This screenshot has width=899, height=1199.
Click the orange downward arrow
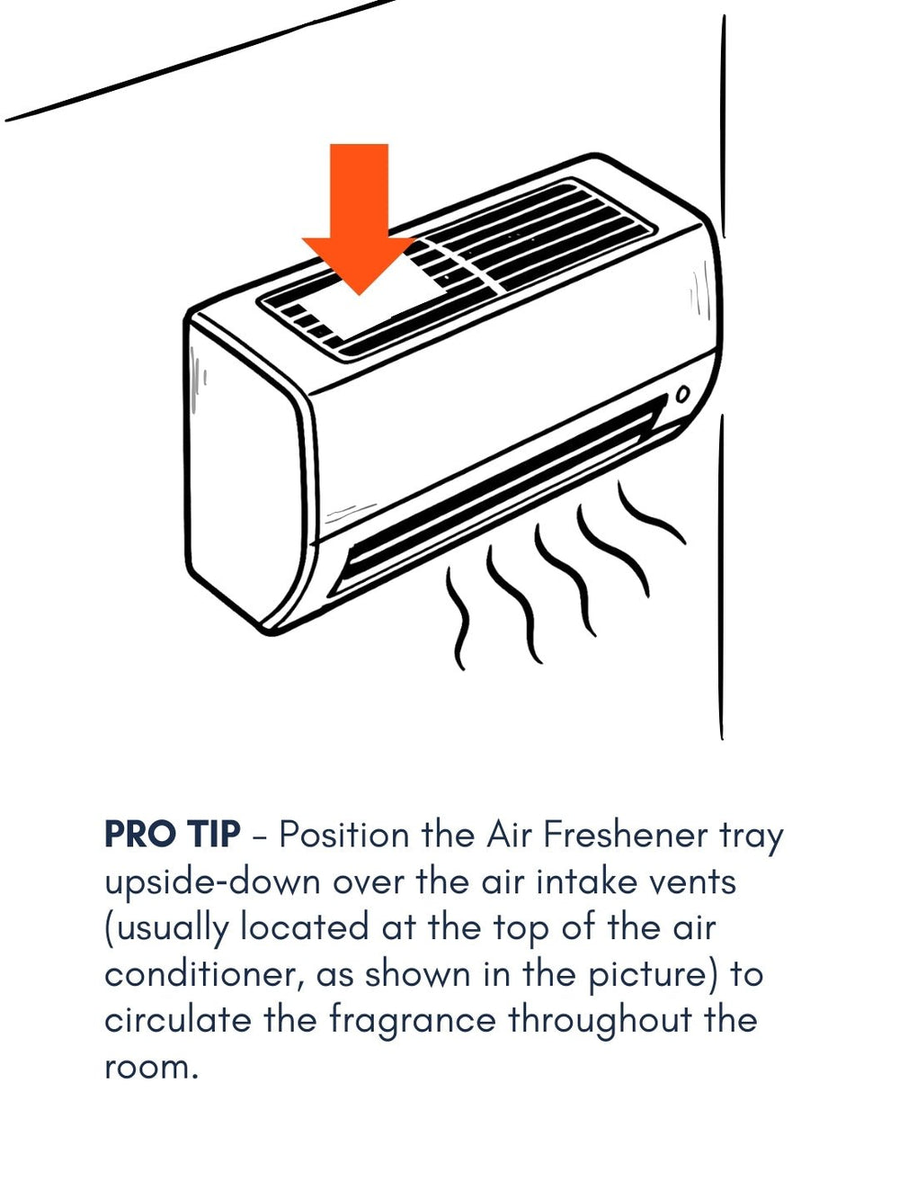(x=360, y=219)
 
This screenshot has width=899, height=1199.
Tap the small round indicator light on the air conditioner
(x=682, y=394)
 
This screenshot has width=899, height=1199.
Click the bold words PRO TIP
(x=172, y=834)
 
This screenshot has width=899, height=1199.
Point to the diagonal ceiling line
(x=200, y=59)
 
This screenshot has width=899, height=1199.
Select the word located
(x=305, y=927)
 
